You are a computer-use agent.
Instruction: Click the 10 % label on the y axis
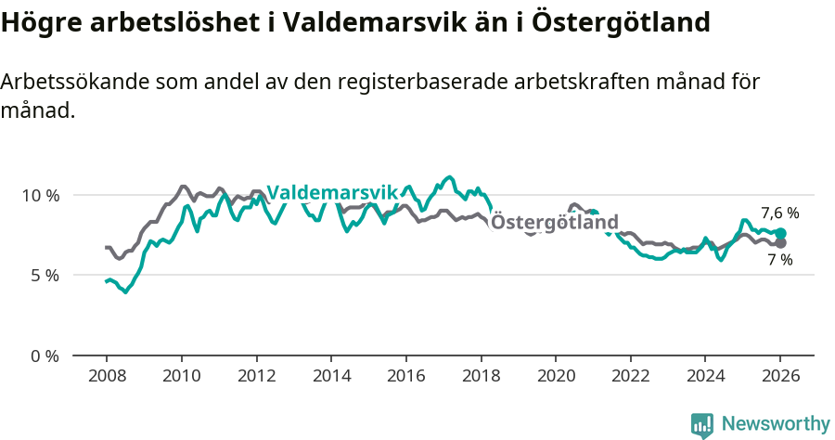click(40, 196)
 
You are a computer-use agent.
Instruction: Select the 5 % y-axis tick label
click(44, 276)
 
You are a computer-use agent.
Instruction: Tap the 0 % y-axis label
click(44, 356)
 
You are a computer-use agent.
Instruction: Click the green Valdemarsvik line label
click(331, 192)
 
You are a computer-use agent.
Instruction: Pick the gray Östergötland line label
click(554, 223)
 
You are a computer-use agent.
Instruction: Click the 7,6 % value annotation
click(779, 213)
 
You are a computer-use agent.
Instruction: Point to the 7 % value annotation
click(779, 260)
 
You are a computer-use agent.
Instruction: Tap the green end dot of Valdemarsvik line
click(780, 234)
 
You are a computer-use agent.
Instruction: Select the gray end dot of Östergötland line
click(780, 243)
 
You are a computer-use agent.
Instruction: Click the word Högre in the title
click(35, 22)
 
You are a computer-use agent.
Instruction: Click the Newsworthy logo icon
click(702, 425)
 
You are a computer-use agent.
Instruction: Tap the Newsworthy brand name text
click(775, 424)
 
